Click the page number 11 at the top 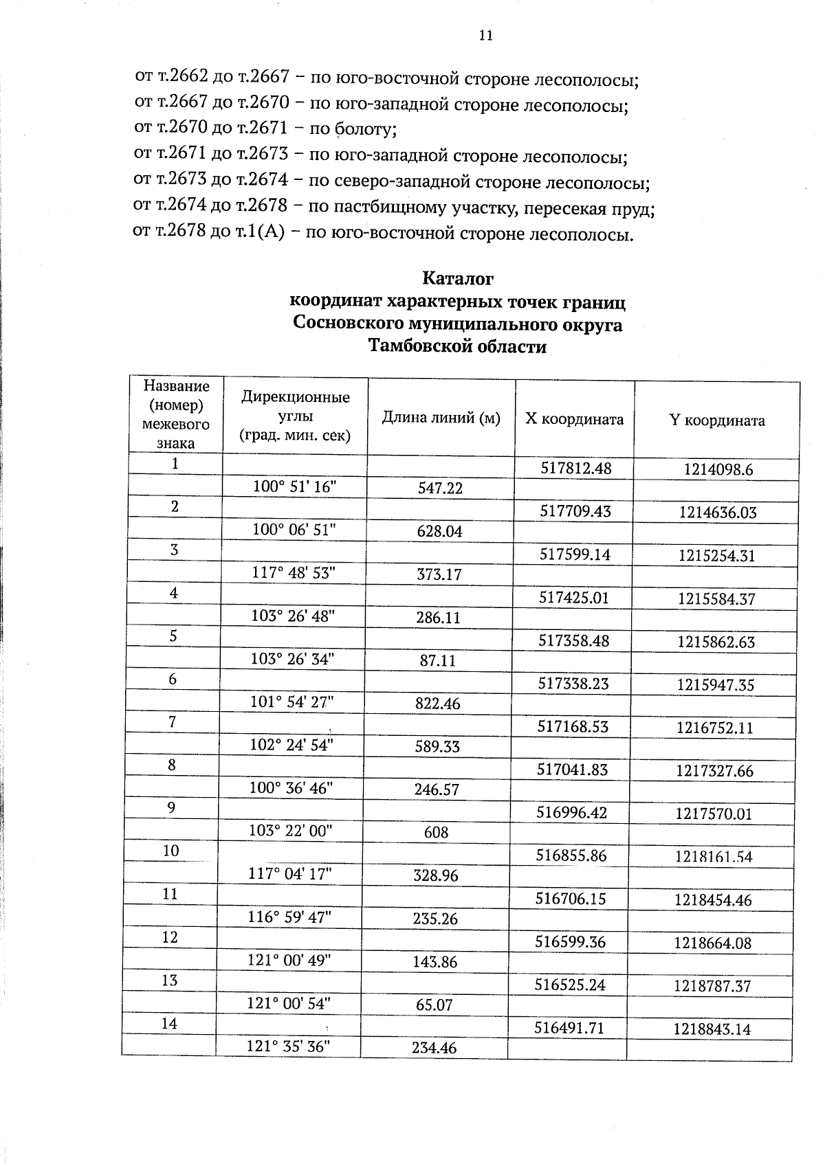click(x=485, y=36)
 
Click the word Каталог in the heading click(x=457, y=279)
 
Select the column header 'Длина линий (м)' click(x=441, y=418)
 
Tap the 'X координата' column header click(x=574, y=419)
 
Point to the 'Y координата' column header click(x=716, y=421)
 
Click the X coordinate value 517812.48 click(x=575, y=469)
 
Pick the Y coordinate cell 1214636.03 click(x=717, y=513)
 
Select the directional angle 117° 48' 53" click(x=294, y=572)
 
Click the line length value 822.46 click(x=438, y=704)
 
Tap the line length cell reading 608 click(x=436, y=833)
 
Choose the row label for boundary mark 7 click(x=173, y=721)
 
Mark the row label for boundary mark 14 click(x=169, y=1024)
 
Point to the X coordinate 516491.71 click(x=570, y=1028)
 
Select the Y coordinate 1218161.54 click(x=714, y=857)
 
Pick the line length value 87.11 click(x=438, y=661)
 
